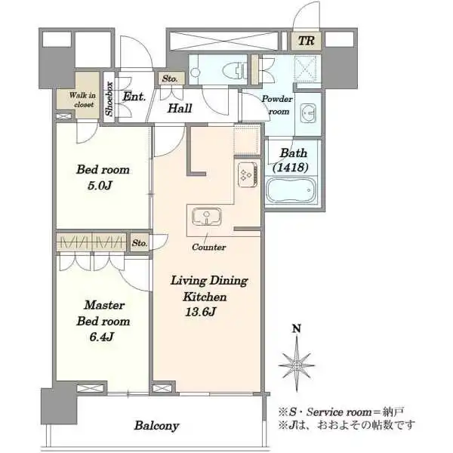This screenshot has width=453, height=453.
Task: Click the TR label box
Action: pyautogui.click(x=306, y=41)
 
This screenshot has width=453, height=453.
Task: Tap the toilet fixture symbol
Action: pyautogui.click(x=235, y=70)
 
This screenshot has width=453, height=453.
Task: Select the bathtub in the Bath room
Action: pyautogui.click(x=291, y=190)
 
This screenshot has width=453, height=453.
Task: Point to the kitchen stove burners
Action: pyautogui.click(x=248, y=174)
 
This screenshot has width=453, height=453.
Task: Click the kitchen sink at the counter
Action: pyautogui.click(x=207, y=217)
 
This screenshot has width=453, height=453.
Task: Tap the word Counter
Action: pyautogui.click(x=209, y=247)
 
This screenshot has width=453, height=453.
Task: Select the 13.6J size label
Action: pyautogui.click(x=201, y=312)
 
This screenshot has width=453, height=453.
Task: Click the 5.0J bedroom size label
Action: pyautogui.click(x=100, y=185)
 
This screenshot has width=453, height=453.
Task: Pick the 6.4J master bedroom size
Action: pyautogui.click(x=102, y=337)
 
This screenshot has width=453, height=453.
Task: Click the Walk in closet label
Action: pyautogui.click(x=82, y=100)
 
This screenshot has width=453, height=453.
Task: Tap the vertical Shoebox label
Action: pyautogui.click(x=109, y=99)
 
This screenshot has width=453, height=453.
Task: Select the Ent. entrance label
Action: pyautogui.click(x=134, y=97)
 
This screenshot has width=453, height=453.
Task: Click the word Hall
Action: pyautogui.click(x=180, y=108)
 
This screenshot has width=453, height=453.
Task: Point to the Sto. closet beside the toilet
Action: pyautogui.click(x=170, y=79)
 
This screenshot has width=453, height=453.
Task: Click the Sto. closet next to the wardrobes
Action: pyautogui.click(x=140, y=242)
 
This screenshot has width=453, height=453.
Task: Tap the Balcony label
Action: pyautogui.click(x=156, y=426)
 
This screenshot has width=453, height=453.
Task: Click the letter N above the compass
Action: pyautogui.click(x=297, y=328)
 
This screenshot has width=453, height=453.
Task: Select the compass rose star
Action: pyautogui.click(x=297, y=365)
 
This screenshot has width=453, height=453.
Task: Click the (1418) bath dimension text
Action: pyautogui.click(x=291, y=168)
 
